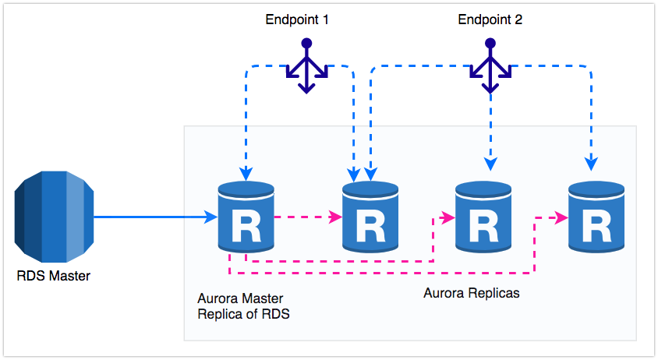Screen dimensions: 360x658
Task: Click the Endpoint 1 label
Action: [296, 20]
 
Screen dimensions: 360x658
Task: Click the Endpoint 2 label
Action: [489, 20]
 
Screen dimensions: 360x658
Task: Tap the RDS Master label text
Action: [53, 275]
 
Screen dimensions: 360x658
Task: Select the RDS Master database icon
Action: [54, 217]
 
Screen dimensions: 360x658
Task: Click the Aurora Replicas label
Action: [471, 294]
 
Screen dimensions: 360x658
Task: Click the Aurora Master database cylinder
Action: [246, 217]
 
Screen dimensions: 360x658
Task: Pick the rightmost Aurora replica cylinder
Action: [596, 217]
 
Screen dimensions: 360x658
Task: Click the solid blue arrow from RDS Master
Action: [156, 218]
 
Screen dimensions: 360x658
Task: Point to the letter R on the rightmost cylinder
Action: [596, 227]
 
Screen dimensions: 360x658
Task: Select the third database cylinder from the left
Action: [483, 217]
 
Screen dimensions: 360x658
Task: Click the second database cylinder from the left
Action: [370, 217]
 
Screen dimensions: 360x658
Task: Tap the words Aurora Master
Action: [241, 298]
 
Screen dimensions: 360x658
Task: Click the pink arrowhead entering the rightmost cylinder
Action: [561, 218]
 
